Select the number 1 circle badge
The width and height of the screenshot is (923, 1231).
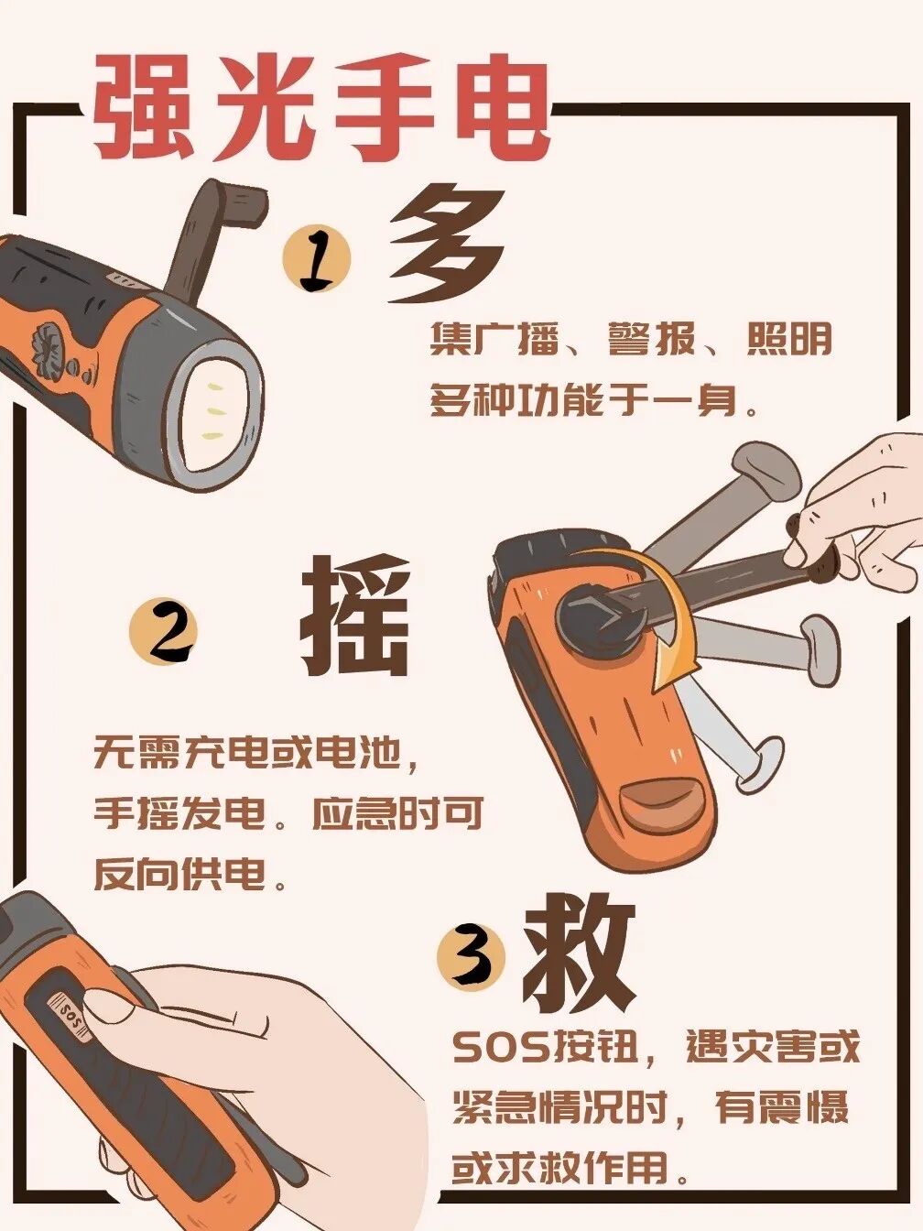click(x=317, y=258)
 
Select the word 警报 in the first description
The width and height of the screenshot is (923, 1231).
click(x=651, y=339)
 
